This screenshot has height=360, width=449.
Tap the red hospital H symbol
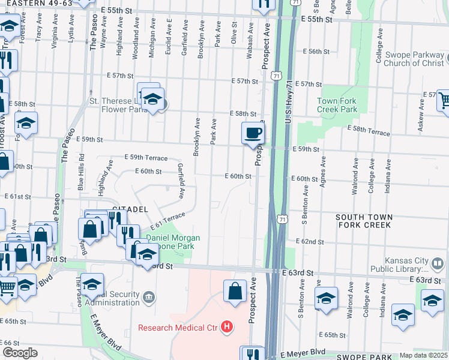click(x=227, y=327)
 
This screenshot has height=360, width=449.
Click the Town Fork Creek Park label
click(x=337, y=106)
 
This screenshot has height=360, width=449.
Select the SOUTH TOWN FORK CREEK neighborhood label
click(x=364, y=221)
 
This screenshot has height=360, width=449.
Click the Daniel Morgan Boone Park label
click(x=173, y=242)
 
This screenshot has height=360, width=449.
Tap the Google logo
click(x=20, y=353)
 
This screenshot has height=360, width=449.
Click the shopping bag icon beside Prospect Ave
click(x=235, y=290)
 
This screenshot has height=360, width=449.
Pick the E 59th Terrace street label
click(x=146, y=157)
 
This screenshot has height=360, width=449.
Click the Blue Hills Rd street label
click(x=82, y=173)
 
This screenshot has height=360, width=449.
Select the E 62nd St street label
click(x=309, y=242)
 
